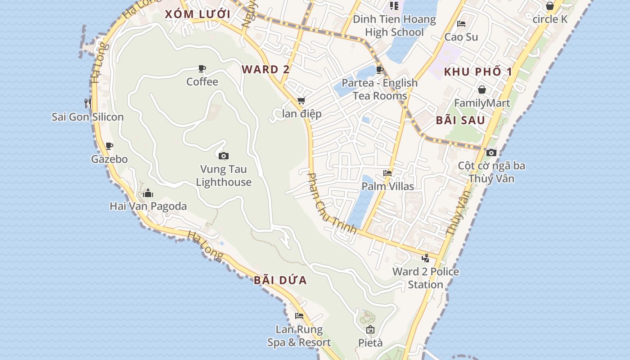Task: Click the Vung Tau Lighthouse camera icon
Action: click(223, 156)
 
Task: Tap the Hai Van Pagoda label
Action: click(148, 206)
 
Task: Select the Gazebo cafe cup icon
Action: click(109, 146)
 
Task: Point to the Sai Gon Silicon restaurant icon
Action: click(88, 103)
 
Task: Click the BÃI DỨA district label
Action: click(280, 280)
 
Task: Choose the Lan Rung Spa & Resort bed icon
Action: click(299, 316)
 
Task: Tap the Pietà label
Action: click(370, 343)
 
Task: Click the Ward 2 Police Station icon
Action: click(425, 258)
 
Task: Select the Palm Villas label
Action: click(387, 186)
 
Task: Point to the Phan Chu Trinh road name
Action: click(331, 203)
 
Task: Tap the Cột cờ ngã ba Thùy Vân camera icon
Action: click(491, 153)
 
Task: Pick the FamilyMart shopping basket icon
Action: click(482, 90)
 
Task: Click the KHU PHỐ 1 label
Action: click(478, 72)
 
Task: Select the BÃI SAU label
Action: click(460, 120)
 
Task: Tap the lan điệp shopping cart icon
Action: click(301, 101)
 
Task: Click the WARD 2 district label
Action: click(265, 69)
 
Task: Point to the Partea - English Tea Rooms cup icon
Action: click(379, 70)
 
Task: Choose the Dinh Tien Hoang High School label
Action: click(394, 26)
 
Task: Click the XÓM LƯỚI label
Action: click(198, 14)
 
